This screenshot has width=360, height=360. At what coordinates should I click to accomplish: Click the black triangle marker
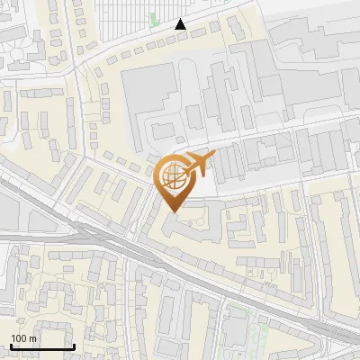point(181,24)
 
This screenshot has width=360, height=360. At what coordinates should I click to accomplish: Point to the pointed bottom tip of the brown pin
point(172,211)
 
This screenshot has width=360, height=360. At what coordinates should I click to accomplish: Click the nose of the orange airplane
point(212,157)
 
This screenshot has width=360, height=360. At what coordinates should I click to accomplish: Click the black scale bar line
point(42,346)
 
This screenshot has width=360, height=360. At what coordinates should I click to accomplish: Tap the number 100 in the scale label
point(19,338)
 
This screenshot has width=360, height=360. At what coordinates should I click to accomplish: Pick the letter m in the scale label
point(32,338)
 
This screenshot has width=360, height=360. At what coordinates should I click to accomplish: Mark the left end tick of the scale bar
point(11,345)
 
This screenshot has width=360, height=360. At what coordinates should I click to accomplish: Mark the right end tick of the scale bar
point(74,345)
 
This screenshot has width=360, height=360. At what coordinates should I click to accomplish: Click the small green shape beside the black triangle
point(154,20)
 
